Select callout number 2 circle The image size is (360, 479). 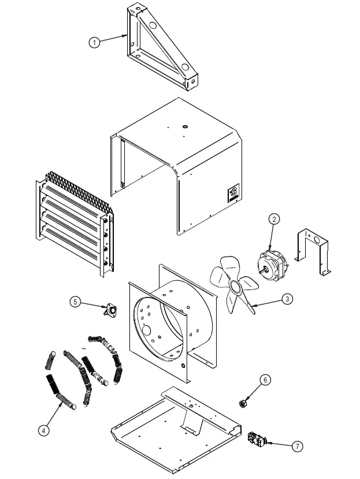pos(274,219)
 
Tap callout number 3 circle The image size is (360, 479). pos(287,299)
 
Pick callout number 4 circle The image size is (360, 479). pos(43,429)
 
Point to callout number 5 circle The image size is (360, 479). pos(76,301)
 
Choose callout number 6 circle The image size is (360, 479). pos(264,380)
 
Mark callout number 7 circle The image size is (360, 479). pos(297,445)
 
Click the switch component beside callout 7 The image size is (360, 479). pos(255,440)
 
